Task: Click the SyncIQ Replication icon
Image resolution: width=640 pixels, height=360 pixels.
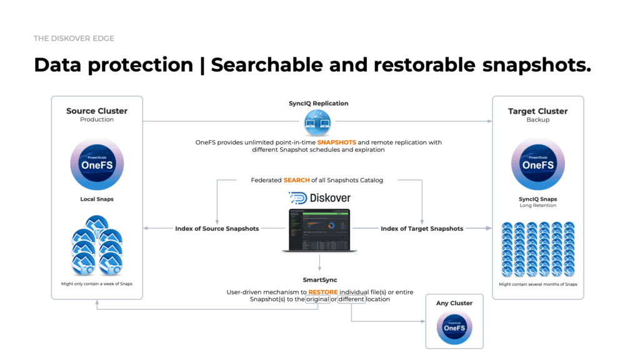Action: point(318,122)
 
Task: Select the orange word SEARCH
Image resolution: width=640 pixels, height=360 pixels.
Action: point(297,180)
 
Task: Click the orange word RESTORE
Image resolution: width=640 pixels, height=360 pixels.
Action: point(322,292)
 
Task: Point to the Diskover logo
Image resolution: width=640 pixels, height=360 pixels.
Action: point(319,198)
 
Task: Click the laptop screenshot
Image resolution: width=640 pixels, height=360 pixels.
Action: point(319,229)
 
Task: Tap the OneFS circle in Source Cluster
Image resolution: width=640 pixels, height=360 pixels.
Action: point(97,164)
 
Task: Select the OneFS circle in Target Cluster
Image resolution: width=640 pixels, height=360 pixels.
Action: point(537,164)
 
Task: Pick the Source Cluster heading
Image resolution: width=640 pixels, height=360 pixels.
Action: point(97,111)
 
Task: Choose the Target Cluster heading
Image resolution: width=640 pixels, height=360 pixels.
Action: point(537,111)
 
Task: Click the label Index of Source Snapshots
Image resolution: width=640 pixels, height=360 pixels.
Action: point(217,229)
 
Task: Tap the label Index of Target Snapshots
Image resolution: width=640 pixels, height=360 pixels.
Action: point(422,229)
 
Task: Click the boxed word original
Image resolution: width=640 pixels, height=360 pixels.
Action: point(317,299)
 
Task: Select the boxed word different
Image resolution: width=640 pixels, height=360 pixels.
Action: point(351,299)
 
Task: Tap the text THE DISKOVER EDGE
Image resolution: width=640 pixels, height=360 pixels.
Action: point(74,39)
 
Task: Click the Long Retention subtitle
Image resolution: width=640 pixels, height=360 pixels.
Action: point(537,206)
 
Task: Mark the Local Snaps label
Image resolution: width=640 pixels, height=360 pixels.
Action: point(97,199)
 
